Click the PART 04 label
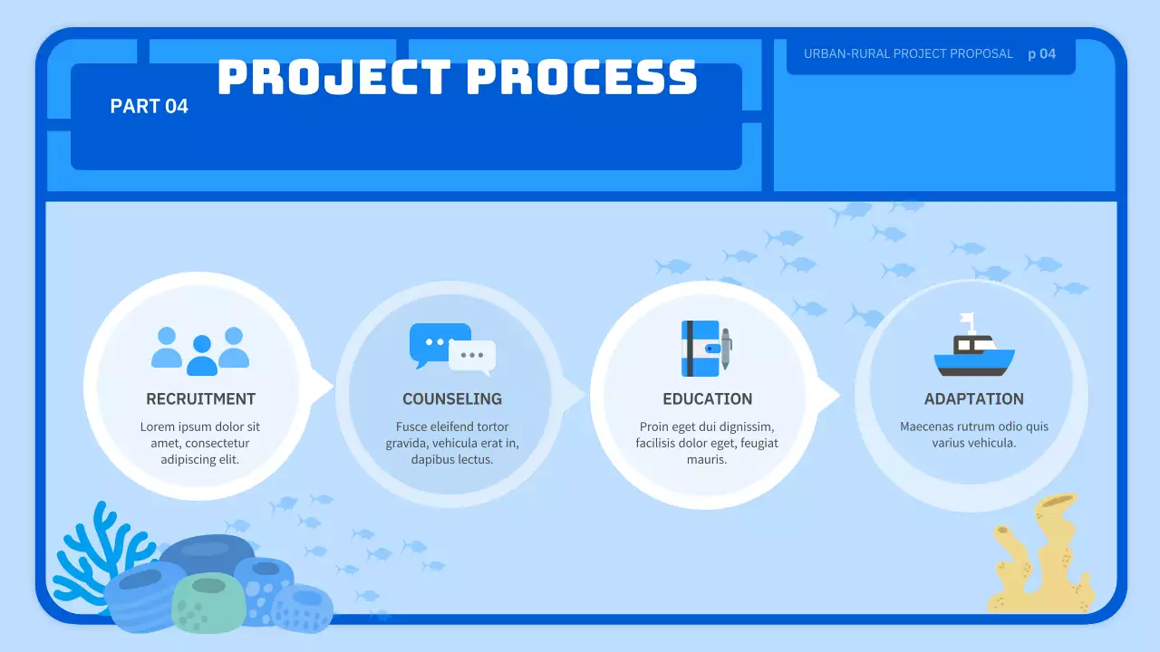(149, 106)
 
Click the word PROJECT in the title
(333, 78)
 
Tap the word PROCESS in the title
(581, 78)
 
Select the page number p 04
(1041, 53)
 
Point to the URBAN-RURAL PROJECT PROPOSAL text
(908, 53)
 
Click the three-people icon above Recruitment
(200, 350)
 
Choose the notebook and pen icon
(706, 349)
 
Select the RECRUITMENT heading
(200, 398)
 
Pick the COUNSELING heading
(452, 398)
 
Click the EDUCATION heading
(707, 398)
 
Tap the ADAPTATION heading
(973, 398)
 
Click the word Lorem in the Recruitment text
(158, 427)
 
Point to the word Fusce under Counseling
(412, 427)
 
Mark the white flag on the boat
(967, 320)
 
